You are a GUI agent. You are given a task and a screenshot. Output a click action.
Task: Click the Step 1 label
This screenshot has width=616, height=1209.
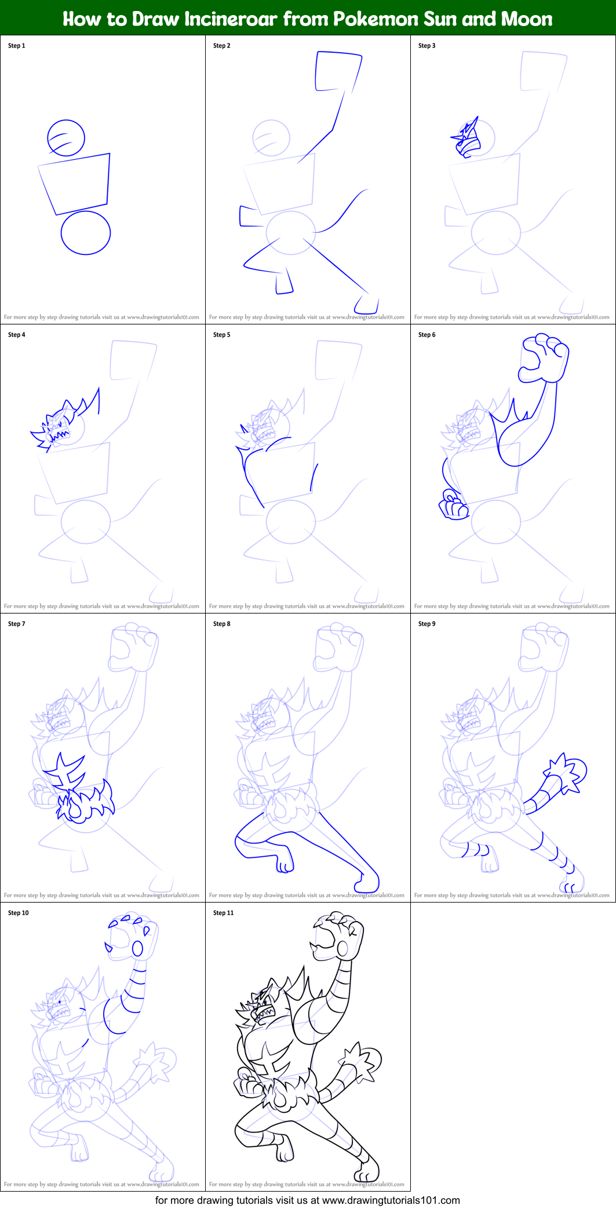(x=16, y=46)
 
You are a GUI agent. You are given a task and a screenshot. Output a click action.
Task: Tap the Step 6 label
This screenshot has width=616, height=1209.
(x=427, y=335)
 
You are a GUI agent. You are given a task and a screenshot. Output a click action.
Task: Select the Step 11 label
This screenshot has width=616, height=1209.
(x=223, y=913)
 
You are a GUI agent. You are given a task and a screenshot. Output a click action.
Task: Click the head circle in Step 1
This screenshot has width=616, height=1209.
(x=66, y=138)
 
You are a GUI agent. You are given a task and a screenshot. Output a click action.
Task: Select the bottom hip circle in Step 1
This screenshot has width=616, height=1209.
(x=86, y=233)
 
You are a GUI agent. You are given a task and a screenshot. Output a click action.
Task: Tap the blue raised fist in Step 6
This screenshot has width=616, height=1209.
(x=544, y=357)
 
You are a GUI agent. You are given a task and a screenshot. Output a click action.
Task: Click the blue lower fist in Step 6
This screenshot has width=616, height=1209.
(x=453, y=506)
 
